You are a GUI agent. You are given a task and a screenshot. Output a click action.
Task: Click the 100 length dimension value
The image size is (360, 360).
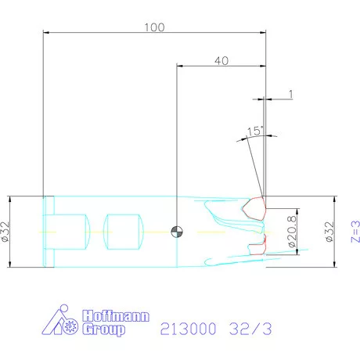[154, 27]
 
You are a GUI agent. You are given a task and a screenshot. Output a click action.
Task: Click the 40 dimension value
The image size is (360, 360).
[221, 59]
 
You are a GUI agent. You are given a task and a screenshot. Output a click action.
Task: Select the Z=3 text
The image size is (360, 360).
[354, 232]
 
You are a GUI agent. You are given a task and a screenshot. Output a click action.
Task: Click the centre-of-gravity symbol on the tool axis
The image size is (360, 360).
[178, 232]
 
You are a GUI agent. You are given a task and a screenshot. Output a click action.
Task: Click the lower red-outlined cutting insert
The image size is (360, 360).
[255, 247]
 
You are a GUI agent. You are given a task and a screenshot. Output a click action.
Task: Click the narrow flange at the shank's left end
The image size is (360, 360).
[49, 231]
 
